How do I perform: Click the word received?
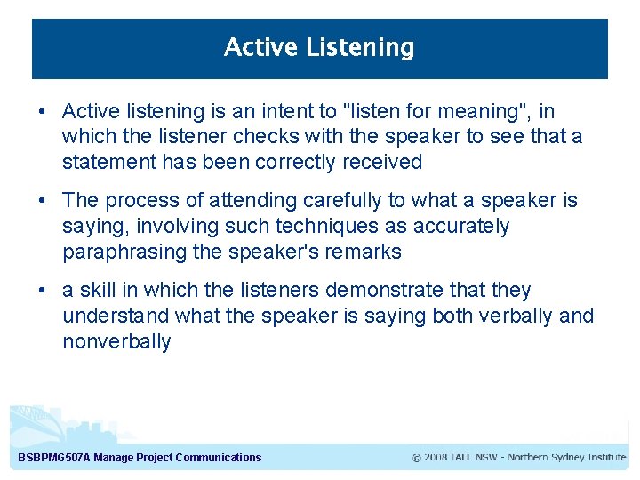pos(382,162)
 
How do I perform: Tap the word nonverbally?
pos(116,342)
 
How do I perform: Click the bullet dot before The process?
pos(42,201)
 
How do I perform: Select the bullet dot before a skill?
pos(42,291)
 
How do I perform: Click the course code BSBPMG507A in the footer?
pos(53,458)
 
